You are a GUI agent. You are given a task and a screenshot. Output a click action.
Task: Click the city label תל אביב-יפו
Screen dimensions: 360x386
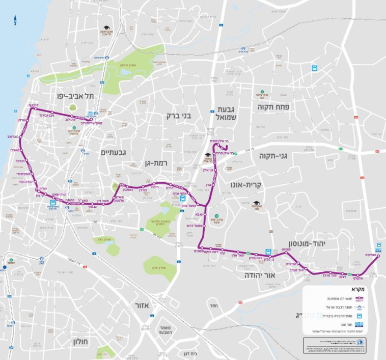tap(75, 96)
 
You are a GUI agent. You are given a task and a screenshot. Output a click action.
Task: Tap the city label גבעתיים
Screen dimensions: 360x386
tap(116, 152)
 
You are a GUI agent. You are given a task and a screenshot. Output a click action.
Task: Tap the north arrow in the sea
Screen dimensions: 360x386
tap(15, 21)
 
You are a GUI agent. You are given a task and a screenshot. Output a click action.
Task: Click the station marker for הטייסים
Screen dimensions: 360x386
tap(378, 256)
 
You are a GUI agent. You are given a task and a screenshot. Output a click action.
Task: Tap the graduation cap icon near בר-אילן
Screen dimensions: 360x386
tap(208, 155)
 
